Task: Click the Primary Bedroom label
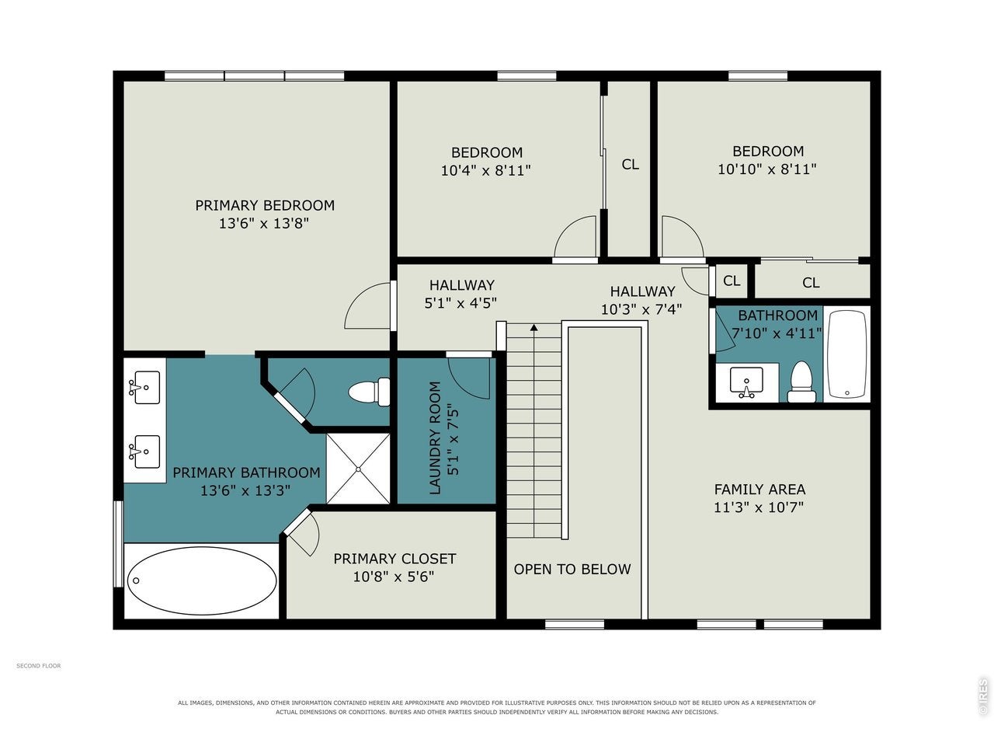pyautogui.click(x=265, y=205)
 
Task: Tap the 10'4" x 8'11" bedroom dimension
pyautogui.click(x=486, y=171)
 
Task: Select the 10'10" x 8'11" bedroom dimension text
pyautogui.click(x=767, y=169)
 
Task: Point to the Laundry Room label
pyautogui.click(x=435, y=437)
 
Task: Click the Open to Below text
pyautogui.click(x=572, y=570)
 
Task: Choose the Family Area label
pyautogui.click(x=760, y=490)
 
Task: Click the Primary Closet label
pyautogui.click(x=394, y=559)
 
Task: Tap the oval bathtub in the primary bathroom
pyautogui.click(x=201, y=580)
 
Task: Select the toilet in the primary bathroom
pyautogui.click(x=369, y=392)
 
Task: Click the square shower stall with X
pyautogui.click(x=358, y=469)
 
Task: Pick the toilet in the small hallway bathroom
pyautogui.click(x=801, y=382)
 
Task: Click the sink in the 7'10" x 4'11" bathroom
pyautogui.click(x=746, y=382)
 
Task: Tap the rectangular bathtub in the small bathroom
pyautogui.click(x=846, y=354)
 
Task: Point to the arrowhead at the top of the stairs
pyautogui.click(x=534, y=327)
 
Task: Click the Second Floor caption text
pyautogui.click(x=39, y=666)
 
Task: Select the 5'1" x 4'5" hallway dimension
pyautogui.click(x=461, y=303)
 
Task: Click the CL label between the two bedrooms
pyautogui.click(x=631, y=165)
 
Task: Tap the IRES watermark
pyautogui.click(x=982, y=697)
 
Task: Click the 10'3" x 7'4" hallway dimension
pyautogui.click(x=641, y=309)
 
